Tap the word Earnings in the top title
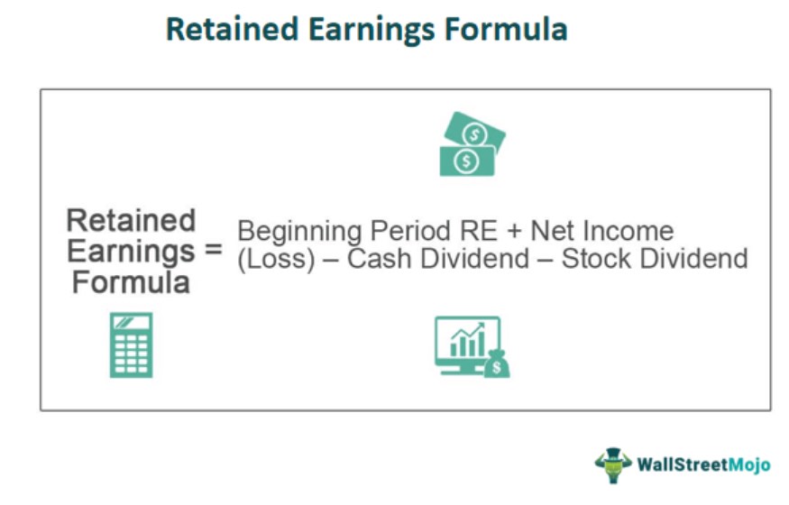tap(367, 29)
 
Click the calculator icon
tap(131, 344)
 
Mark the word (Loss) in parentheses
tap(271, 260)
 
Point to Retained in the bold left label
tap(131, 220)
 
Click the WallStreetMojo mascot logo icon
tap(612, 464)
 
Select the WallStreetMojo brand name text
tap(703, 465)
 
